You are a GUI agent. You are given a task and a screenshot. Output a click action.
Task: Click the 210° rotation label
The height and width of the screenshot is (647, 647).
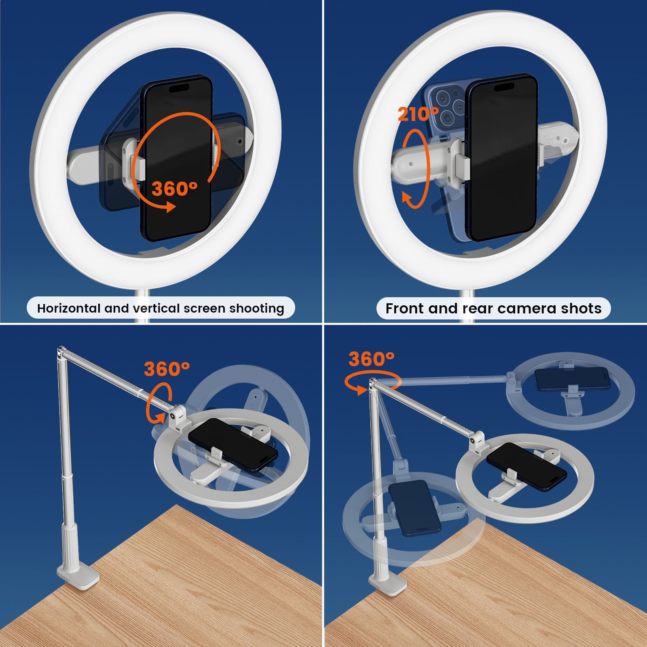418,114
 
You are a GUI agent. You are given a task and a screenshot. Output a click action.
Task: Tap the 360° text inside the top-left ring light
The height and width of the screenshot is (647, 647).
174,188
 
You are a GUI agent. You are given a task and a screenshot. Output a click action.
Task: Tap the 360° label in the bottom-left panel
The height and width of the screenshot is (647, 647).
167,369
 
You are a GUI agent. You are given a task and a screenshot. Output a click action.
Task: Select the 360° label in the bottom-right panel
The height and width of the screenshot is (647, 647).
371,359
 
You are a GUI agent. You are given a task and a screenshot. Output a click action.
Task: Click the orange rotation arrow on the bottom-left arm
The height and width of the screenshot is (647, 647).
159,405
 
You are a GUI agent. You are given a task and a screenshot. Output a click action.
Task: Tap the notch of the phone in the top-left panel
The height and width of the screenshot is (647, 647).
178,88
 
